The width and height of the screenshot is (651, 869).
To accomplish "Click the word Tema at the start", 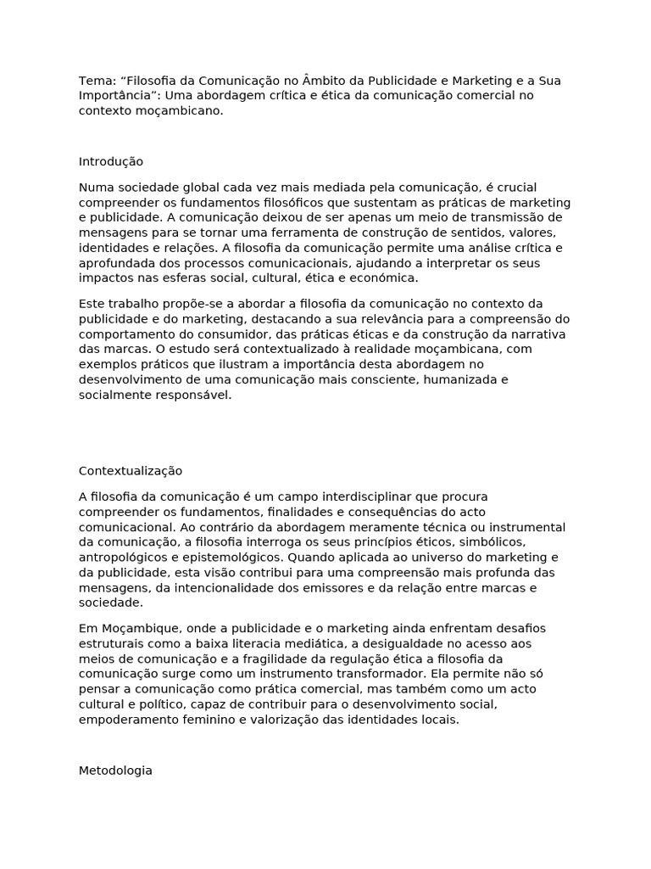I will click(95, 81).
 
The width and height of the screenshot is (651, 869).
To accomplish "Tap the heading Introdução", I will click(111, 161).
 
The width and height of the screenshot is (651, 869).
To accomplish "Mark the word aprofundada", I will click(115, 263).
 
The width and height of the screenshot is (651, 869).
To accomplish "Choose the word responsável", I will click(194, 395).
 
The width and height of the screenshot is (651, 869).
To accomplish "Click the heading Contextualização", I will click(131, 471).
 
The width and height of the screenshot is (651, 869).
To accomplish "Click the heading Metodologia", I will click(115, 771).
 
